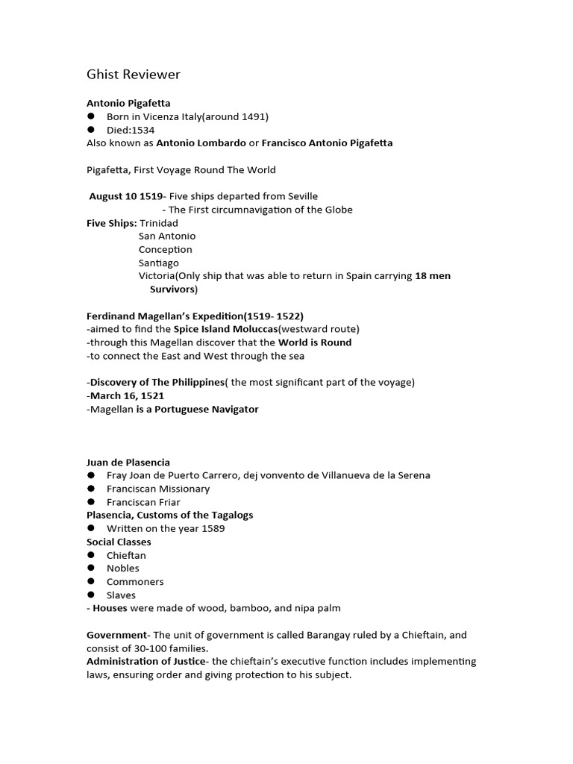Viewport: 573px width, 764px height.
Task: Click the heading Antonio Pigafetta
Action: coord(134,103)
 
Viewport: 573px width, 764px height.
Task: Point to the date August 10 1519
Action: coord(125,196)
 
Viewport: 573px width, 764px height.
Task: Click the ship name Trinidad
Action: coord(159,223)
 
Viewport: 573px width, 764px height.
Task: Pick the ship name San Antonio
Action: coord(167,237)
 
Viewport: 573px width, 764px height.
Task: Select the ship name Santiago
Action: coord(159,263)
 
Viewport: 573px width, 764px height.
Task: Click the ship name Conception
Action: coord(165,249)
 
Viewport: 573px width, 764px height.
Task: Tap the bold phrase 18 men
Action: coord(433,276)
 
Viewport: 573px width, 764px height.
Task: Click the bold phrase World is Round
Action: coord(315,342)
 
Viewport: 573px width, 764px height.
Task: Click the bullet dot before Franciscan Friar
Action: coord(91,502)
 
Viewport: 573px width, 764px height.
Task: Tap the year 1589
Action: coord(212,529)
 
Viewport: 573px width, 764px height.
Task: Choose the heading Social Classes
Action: coord(119,542)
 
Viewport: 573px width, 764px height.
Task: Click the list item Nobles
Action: coord(123,569)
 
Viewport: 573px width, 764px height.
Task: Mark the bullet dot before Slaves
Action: coord(91,595)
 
